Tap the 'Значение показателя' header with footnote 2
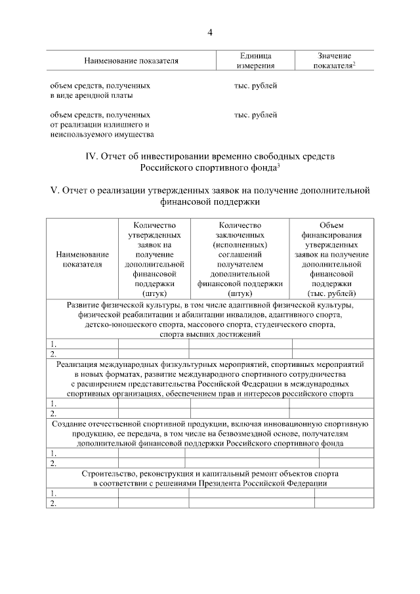pyautogui.click(x=334, y=60)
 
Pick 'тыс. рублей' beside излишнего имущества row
pyautogui.click(x=255, y=115)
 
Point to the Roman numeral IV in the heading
pyautogui.click(x=91, y=158)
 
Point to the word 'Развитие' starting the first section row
pyautogui.click(x=85, y=305)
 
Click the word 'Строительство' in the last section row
pyautogui.click(x=110, y=473)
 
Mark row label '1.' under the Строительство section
pyautogui.click(x=53, y=494)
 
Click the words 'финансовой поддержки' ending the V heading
pyautogui.click(x=210, y=203)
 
